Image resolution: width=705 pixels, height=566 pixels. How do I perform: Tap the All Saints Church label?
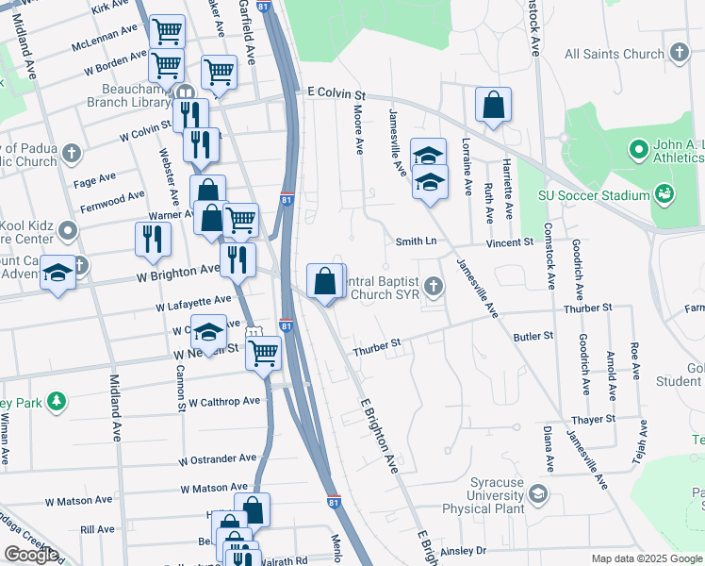[613, 54]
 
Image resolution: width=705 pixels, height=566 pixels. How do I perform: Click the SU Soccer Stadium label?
[594, 195]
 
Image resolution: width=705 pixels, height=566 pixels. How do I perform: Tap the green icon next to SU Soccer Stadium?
[665, 194]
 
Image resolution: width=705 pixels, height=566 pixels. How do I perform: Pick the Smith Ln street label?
[416, 241]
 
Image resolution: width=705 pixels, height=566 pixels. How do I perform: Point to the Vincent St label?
[510, 242]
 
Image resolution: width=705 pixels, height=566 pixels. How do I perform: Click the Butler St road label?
[533, 335]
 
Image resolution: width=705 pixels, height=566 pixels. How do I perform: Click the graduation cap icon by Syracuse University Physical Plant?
[538, 493]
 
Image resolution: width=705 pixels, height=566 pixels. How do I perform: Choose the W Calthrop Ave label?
[223, 401]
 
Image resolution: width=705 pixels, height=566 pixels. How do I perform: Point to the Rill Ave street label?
[97, 530]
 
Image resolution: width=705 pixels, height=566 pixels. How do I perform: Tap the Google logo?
[31, 555]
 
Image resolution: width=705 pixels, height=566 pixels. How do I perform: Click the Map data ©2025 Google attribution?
[647, 558]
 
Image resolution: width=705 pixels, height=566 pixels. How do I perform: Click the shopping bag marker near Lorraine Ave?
[493, 107]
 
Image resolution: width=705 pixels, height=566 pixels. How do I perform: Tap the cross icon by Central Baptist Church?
[433, 285]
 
